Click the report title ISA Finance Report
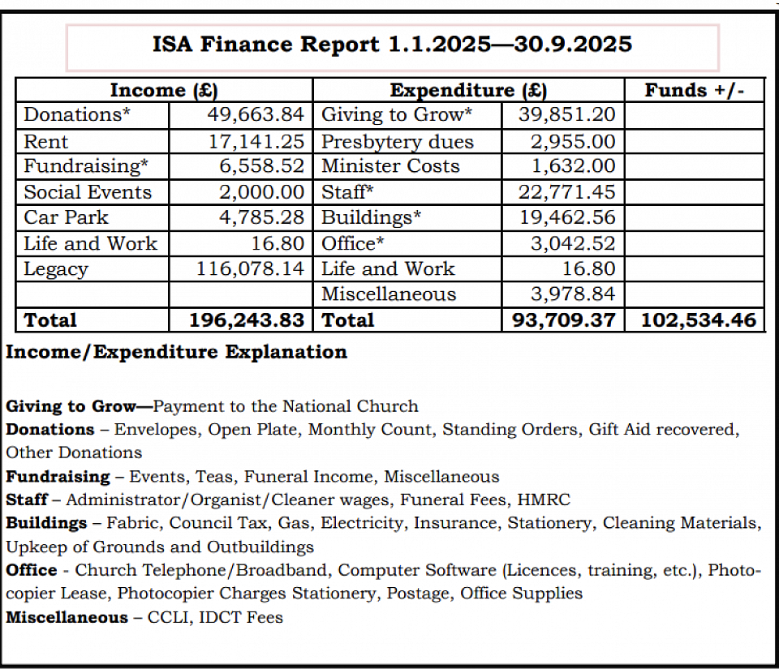point(392,44)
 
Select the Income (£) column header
point(164,90)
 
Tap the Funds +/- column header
point(694,90)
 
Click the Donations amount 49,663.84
point(256,115)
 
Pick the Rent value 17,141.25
point(256,142)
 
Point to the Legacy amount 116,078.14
point(251,269)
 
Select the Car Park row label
point(66,217)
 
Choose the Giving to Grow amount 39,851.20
point(566,115)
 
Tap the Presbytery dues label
point(398,142)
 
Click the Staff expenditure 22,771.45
point(566,192)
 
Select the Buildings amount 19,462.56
point(566,217)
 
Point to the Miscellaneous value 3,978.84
point(572,294)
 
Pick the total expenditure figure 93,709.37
point(564,320)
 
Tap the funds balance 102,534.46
point(699,320)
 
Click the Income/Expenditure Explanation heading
point(176,352)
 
